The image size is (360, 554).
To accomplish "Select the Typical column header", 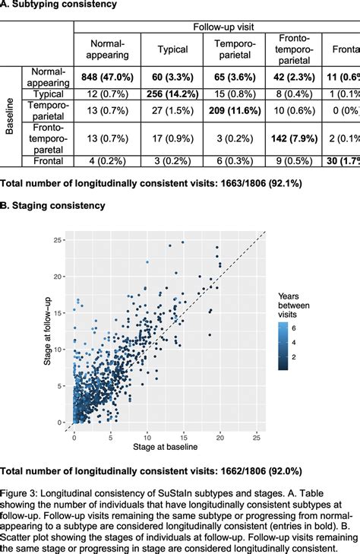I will [x=173, y=50].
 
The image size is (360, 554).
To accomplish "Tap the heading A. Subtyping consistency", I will [x=58, y=5].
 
